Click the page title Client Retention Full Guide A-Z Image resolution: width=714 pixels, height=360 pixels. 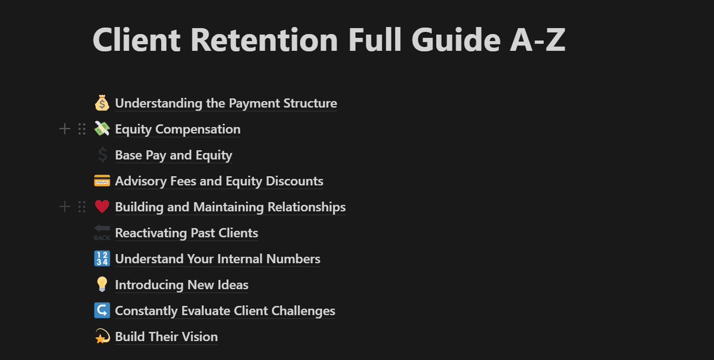[328, 40]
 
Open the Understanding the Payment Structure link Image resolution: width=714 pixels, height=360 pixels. [226, 104]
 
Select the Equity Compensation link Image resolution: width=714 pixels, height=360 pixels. [177, 129]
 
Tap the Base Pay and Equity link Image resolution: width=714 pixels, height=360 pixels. [173, 155]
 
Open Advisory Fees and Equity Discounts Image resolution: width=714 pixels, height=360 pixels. [219, 181]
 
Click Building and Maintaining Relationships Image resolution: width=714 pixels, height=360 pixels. [230, 207]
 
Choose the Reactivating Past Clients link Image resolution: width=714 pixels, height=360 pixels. [186, 233]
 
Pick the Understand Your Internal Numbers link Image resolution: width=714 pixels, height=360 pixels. [217, 259]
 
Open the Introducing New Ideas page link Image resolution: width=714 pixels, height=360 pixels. [181, 285]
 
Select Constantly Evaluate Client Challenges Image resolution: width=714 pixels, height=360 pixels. [225, 311]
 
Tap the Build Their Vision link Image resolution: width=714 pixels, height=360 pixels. [166, 337]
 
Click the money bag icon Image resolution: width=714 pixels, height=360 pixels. [102, 104]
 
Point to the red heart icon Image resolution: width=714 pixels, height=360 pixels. [102, 207]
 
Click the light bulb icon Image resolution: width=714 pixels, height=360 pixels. [102, 285]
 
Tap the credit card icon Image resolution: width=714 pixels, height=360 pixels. [102, 181]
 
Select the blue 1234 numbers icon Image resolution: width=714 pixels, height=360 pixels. [102, 259]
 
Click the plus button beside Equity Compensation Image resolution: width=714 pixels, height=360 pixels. [65, 129]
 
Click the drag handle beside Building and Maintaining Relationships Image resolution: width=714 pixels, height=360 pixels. [82, 207]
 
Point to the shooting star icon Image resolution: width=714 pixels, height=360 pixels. [102, 337]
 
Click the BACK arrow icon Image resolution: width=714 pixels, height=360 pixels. [102, 233]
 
